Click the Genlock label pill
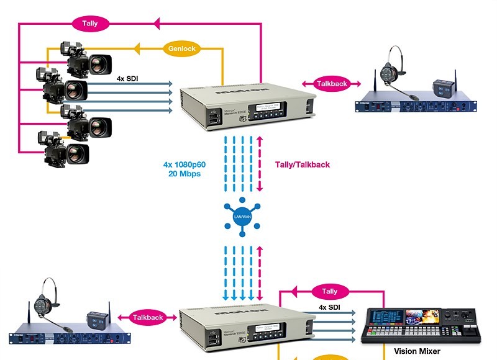(181, 48)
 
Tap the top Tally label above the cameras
(89, 24)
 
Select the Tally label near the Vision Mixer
(329, 290)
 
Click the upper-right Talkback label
(331, 84)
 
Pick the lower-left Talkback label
(147, 317)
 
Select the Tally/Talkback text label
(302, 164)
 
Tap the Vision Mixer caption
(417, 351)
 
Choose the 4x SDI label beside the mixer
(329, 307)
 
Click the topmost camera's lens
(99, 63)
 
